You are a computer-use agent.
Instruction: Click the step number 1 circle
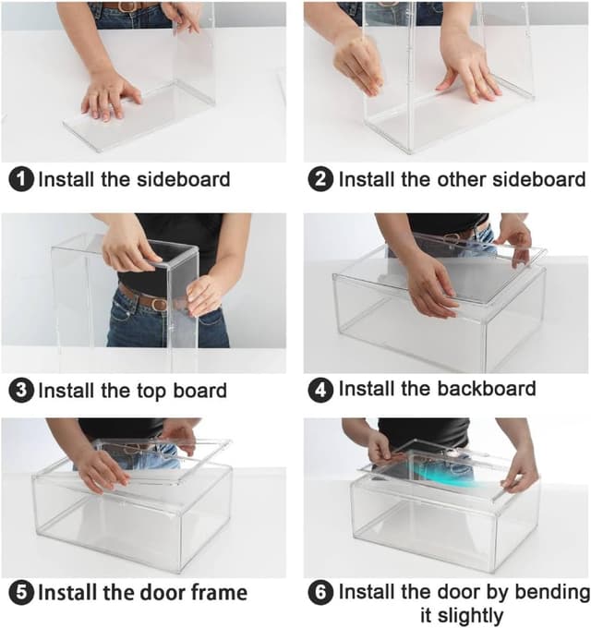point(21,179)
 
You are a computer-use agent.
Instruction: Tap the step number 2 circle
point(320,179)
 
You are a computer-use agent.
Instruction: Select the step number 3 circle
point(21,391)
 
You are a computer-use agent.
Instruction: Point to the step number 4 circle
point(320,390)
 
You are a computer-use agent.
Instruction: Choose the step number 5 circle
point(21,593)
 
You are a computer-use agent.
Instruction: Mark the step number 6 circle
point(320,592)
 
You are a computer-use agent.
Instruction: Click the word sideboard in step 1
point(184,179)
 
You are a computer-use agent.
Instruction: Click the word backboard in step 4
point(486,389)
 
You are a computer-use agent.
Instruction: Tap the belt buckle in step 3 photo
point(159,304)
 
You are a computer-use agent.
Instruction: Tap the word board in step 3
point(199,390)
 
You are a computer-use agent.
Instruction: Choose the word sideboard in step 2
point(539,179)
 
